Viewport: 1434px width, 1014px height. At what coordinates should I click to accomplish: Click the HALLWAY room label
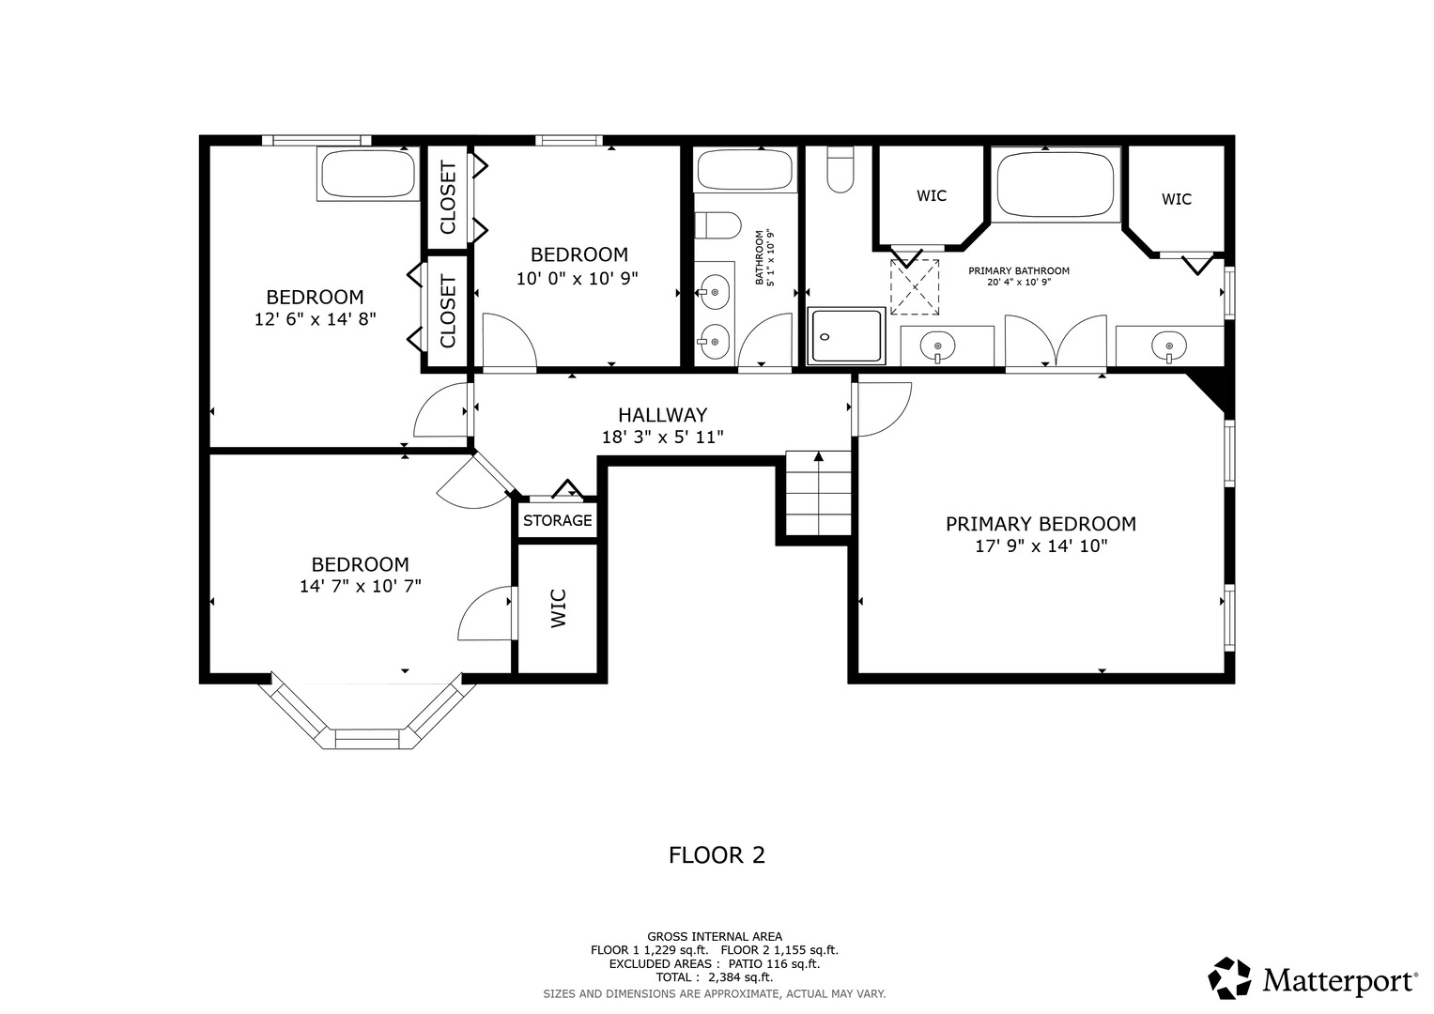pos(663,415)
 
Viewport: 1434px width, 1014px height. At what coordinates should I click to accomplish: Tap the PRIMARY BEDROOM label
pos(1041,524)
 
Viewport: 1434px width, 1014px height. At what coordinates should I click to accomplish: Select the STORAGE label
pos(558,520)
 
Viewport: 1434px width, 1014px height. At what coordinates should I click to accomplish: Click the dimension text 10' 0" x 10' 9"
pos(578,279)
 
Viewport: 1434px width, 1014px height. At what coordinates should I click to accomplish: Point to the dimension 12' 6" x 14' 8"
pos(315,319)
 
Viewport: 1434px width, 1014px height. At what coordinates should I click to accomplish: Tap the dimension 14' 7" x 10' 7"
pos(361,586)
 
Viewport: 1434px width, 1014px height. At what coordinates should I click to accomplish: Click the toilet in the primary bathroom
pos(840,170)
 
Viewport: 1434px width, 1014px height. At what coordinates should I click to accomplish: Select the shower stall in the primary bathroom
pos(846,336)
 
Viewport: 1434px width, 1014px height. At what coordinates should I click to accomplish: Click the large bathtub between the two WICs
pos(1056,184)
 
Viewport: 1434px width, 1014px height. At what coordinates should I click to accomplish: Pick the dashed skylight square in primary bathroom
pos(915,287)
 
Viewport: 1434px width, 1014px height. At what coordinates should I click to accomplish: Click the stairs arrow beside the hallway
pos(818,493)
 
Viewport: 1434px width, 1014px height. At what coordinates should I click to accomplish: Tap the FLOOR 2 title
pos(717,855)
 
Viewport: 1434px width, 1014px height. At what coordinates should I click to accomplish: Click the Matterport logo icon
pos(1229,978)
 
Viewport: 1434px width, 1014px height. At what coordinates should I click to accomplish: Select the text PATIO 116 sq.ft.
pos(774,963)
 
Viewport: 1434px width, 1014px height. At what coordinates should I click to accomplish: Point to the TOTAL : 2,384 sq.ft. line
pos(715,977)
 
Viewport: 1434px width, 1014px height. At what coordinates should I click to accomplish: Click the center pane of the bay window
pos(367,739)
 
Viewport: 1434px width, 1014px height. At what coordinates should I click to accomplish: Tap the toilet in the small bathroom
pos(718,225)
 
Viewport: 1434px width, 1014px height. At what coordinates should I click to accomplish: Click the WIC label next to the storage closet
pos(558,608)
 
